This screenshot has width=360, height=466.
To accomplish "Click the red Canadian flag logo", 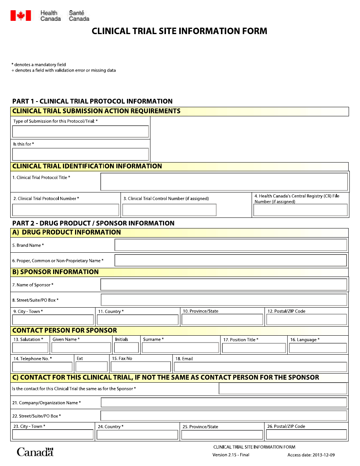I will point(20,16).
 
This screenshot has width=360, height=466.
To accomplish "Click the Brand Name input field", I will point(230,245).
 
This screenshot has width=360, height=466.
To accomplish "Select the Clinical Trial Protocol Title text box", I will point(224,182).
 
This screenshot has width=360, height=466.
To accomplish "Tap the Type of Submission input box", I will point(80,131).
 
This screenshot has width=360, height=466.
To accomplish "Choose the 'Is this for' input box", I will point(80,154).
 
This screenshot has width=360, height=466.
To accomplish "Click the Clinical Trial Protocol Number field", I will point(66,210).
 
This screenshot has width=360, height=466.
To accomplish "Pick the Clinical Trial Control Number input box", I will point(169,210).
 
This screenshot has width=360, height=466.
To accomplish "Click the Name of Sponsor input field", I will point(224,285).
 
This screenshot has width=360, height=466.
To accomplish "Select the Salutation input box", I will point(30,348).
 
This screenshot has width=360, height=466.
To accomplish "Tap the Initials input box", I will point(126,348).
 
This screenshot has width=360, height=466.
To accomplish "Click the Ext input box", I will point(91,367).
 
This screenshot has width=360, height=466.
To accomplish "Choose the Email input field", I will point(260,367).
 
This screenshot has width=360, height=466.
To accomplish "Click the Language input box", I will point(318,348).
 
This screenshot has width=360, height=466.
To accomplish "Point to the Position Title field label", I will point(241,340).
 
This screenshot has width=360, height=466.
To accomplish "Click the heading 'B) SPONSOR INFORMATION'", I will point(55,272).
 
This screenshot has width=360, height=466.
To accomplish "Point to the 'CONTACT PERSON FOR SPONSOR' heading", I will point(64,330).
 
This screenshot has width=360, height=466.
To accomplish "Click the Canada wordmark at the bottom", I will point(35,452).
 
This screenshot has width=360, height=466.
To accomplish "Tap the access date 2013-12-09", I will point(311,455).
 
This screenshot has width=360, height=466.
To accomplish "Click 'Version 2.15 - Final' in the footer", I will point(231,455).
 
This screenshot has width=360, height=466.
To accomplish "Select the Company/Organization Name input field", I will point(224,402).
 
